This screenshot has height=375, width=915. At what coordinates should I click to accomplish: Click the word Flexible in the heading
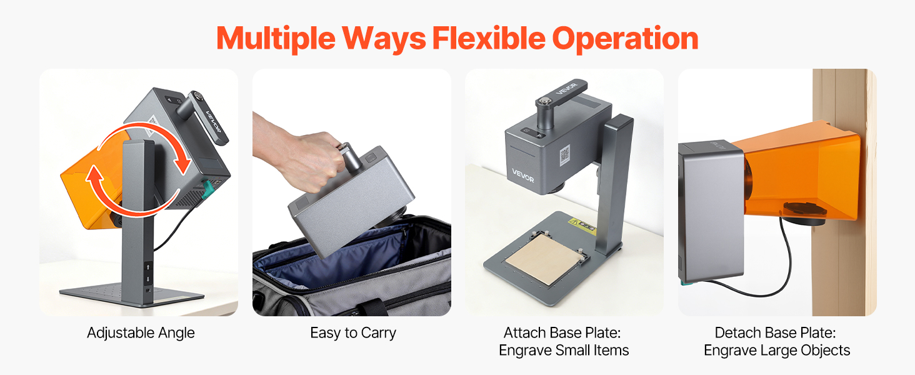[489, 38]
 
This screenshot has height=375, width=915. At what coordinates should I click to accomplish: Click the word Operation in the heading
[626, 39]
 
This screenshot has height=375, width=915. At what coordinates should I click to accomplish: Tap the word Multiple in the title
[276, 39]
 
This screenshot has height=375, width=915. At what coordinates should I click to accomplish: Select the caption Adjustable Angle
[141, 333]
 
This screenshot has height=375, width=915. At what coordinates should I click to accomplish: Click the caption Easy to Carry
[353, 333]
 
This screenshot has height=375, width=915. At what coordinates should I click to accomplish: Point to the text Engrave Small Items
[564, 351]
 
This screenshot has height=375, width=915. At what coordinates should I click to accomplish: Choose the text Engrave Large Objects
[777, 351]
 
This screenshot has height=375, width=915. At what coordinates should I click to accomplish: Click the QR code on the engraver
[564, 155]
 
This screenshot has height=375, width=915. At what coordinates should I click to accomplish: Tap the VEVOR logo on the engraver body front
[523, 175]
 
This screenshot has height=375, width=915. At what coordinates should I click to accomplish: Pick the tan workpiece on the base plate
[542, 258]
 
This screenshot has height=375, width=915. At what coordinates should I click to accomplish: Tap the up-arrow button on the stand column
[148, 267]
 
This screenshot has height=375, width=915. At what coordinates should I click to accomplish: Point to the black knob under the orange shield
[805, 214]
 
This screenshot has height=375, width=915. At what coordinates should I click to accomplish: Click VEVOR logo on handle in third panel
[567, 89]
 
